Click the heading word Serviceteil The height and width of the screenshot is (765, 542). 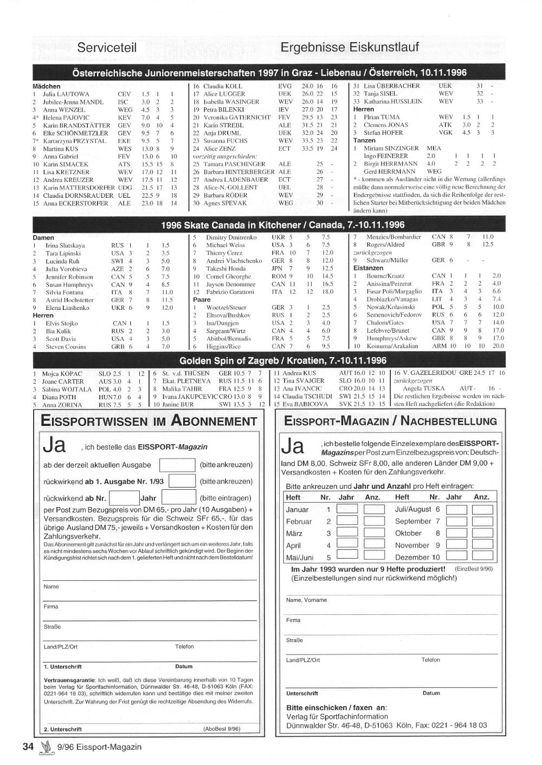tap(107, 47)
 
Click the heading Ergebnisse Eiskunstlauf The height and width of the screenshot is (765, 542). tap(350, 47)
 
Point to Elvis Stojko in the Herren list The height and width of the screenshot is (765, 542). tap(61, 323)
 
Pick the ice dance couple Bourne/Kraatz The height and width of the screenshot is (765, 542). tap(385, 276)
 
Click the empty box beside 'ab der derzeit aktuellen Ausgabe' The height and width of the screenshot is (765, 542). tap(177, 465)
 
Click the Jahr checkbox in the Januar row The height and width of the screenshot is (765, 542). tap(347, 509)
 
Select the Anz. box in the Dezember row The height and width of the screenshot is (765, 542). tap(482, 556)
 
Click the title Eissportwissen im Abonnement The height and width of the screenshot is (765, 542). tap(149, 421)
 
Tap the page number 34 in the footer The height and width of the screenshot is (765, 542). tap(28, 747)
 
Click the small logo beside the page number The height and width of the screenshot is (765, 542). tap(44, 747)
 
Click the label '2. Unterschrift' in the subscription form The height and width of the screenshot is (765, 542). tap(63, 729)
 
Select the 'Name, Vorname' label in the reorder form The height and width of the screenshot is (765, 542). tap(306, 600)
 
